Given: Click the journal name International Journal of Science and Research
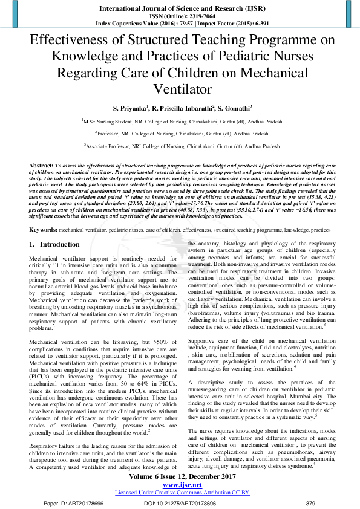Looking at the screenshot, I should (x=180, y=8).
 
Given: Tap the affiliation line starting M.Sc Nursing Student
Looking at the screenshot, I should (x=180, y=121).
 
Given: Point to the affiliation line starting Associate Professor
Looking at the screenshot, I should (x=180, y=146).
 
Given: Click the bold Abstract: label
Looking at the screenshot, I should (x=42, y=165).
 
